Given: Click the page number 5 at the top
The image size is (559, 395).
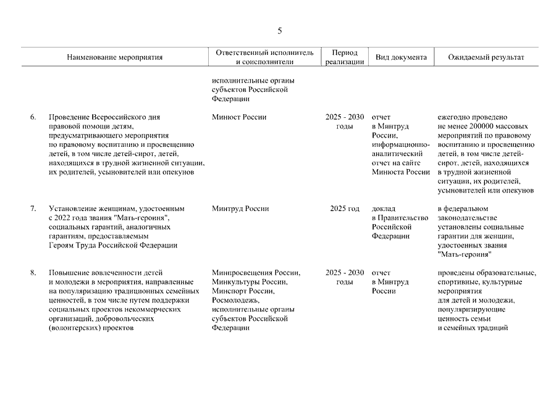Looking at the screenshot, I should coord(279,31).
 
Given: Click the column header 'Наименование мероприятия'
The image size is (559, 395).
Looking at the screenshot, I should coord(115,57).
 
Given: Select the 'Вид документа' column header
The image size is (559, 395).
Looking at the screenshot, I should coord(401,57).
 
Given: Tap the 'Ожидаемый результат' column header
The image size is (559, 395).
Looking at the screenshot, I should coord(487,57).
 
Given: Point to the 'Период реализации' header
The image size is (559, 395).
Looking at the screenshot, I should coord(344,57).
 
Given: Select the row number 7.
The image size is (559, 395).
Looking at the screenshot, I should coord(33,209).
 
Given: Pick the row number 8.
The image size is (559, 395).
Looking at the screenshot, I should coord(33,273).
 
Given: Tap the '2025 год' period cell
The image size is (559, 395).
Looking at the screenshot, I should coord(345,209).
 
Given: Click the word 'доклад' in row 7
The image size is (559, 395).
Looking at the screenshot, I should coord(384,209).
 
